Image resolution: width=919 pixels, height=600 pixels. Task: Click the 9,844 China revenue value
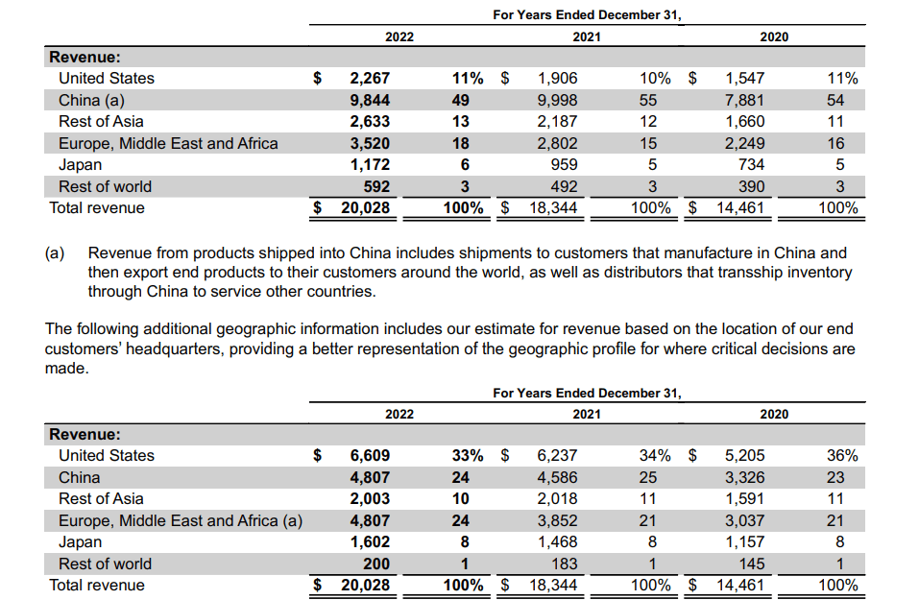pos(370,100)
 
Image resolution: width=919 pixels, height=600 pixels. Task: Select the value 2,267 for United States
pos(370,79)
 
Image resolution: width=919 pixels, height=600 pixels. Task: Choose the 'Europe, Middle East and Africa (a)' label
pos(181,521)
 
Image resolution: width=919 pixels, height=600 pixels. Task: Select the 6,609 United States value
pos(370,456)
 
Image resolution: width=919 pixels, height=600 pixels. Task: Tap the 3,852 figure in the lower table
pos(557,521)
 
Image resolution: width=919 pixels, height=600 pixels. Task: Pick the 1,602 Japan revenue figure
pos(370,542)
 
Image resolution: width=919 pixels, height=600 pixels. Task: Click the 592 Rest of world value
pos(375,186)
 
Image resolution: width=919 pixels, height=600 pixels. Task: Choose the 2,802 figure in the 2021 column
pos(557,144)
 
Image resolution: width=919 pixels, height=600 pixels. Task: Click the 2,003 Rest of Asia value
pos(370,499)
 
